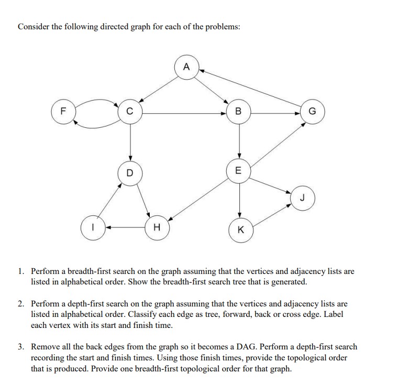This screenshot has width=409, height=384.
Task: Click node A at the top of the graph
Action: coord(185,68)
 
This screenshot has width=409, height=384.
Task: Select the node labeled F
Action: coord(62,112)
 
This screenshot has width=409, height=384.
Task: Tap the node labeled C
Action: coord(129,112)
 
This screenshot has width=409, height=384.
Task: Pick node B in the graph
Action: coord(239,112)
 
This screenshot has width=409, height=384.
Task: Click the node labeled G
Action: coord(313,112)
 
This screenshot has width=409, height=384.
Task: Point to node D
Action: coord(129,172)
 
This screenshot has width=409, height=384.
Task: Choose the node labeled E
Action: coord(239,171)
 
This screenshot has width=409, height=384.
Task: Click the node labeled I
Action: coord(92,228)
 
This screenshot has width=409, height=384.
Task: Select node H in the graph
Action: coord(156,228)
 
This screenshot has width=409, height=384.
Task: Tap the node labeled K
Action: coord(239,229)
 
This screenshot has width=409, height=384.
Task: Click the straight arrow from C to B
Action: coord(183,112)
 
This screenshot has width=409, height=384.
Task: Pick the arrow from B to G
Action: coord(275,112)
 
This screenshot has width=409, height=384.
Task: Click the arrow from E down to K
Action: coord(239,199)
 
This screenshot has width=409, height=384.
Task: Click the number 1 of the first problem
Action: coord(20,272)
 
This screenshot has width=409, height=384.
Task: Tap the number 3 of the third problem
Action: coord(20,347)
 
